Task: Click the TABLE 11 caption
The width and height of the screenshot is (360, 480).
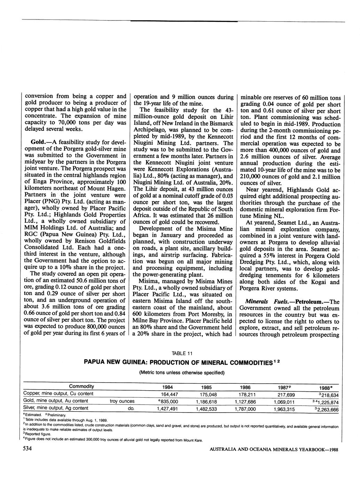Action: [183, 353]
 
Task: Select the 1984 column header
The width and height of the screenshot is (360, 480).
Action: [168, 387]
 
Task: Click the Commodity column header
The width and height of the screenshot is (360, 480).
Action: [81, 386]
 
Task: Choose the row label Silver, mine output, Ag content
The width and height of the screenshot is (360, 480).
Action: [56, 408]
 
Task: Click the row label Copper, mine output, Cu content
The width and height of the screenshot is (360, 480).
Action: [58, 394]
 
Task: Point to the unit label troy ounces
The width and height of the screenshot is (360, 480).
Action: [122, 401]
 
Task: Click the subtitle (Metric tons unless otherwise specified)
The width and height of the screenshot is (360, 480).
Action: [182, 372]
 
